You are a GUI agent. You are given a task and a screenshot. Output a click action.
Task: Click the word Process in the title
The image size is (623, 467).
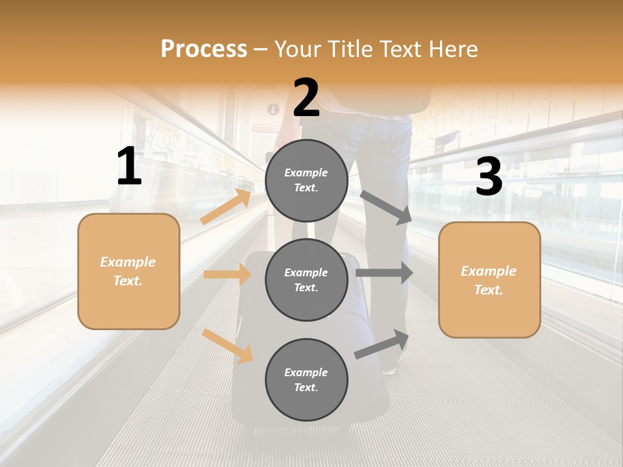[204, 49]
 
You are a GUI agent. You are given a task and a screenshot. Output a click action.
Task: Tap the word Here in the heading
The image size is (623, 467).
[450, 49]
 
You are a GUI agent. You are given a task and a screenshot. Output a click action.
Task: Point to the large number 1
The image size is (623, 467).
[129, 167]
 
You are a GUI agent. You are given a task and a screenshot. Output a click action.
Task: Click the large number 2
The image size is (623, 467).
[306, 98]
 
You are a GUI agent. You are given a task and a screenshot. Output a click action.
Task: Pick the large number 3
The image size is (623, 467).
[489, 177]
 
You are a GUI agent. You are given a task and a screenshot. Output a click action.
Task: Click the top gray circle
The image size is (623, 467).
[306, 180]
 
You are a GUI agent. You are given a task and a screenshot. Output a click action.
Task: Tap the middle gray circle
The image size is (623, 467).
[306, 280]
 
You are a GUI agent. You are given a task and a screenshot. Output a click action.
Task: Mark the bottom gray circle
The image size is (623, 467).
[306, 379]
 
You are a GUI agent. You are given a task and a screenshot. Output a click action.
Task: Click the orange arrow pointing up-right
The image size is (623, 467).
[226, 207]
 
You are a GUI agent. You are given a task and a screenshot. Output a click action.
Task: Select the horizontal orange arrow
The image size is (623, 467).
[227, 274]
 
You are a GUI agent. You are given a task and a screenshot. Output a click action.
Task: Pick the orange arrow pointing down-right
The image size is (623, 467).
[227, 346]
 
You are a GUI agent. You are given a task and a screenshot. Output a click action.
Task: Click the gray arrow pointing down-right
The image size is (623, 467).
[385, 207]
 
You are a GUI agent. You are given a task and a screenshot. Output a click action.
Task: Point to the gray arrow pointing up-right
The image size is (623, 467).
[382, 344]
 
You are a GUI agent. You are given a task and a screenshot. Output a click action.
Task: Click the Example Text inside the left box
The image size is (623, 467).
[128, 271]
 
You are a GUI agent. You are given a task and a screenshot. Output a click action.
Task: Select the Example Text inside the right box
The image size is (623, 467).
[489, 280]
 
